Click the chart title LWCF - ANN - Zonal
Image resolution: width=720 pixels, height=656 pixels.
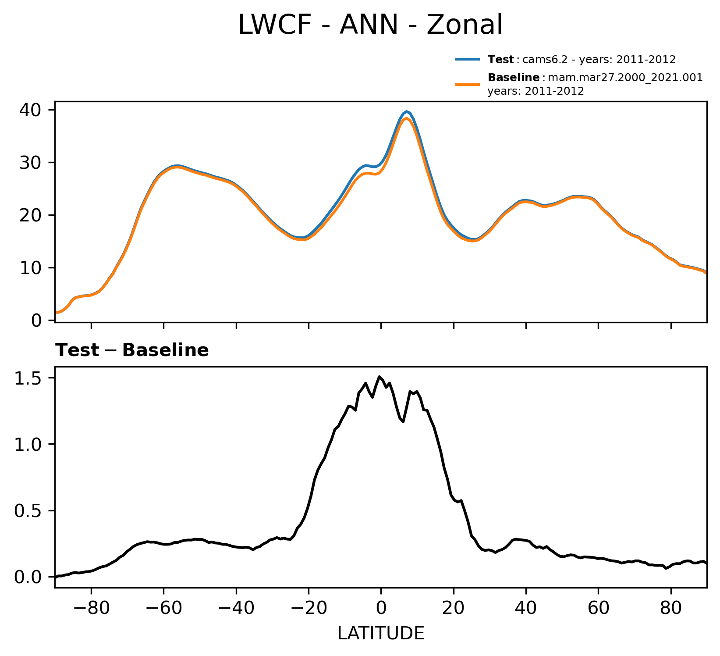coord(370,25)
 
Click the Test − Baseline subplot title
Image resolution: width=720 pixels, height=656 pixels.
coord(132,350)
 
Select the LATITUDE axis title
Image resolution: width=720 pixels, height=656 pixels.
coord(380,633)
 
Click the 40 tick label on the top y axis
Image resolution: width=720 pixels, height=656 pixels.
coord(30,110)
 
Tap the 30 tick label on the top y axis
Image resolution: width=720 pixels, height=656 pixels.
coord(30,163)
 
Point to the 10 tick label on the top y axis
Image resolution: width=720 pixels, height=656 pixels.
coord(30,268)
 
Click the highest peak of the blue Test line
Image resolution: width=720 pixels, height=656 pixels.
coord(407,111)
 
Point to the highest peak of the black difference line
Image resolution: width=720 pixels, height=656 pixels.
coord(380,377)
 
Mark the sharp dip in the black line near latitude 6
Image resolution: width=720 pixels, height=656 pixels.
coord(403,421)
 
